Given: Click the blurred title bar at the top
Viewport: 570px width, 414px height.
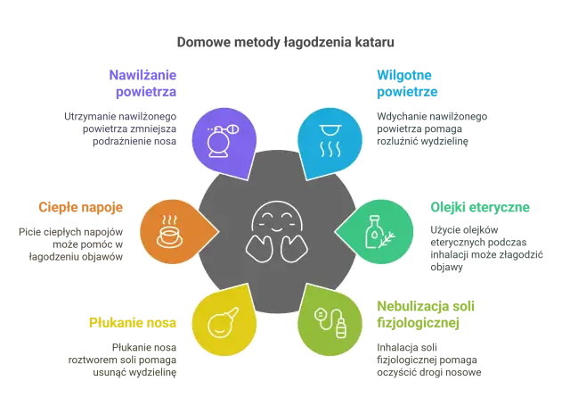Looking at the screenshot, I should [284, 42].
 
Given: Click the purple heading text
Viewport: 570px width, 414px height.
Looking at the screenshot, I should [142, 84].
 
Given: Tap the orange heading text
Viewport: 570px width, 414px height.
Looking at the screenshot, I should [82, 207].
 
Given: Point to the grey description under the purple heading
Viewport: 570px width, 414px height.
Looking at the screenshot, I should [122, 128].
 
